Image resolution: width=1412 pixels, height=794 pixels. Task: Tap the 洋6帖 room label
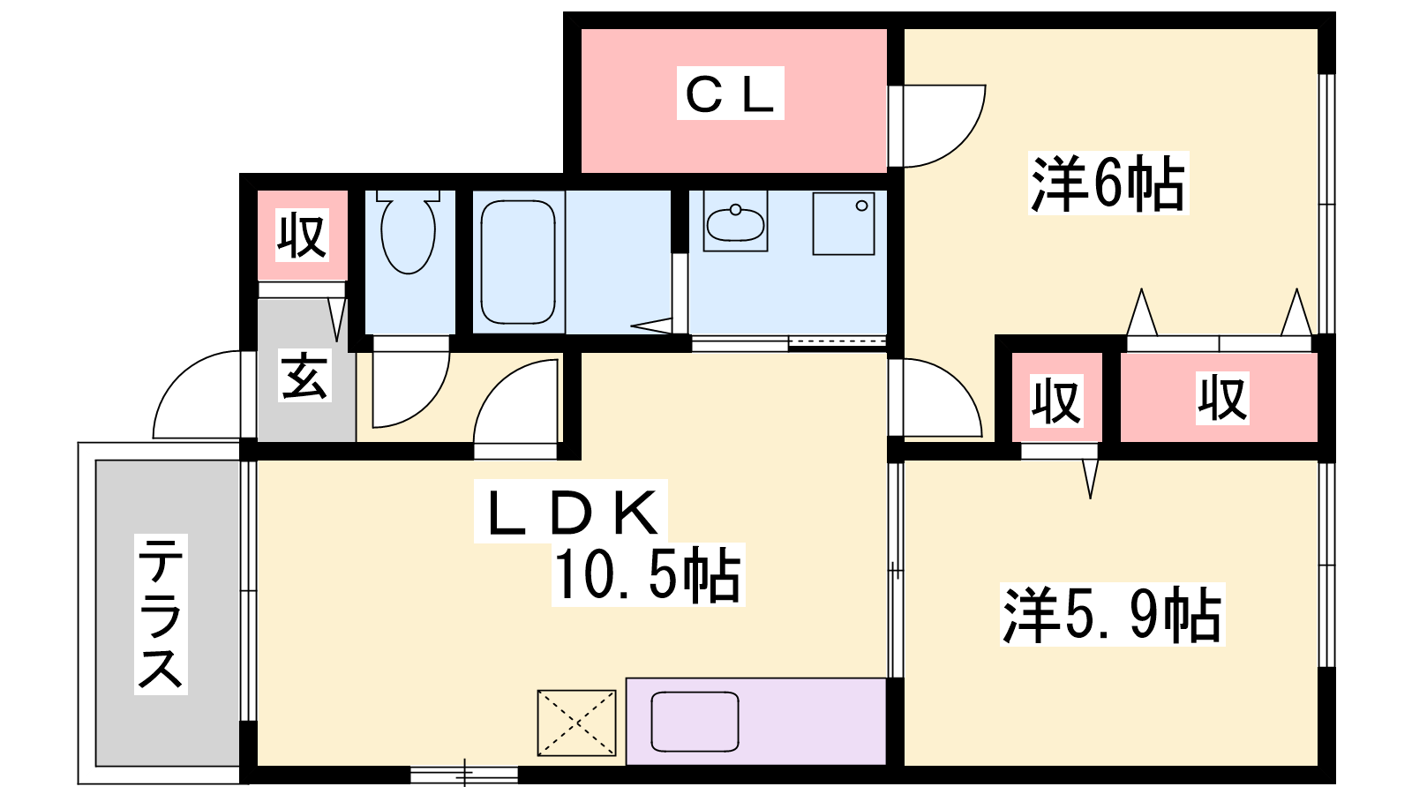click(x=1108, y=183)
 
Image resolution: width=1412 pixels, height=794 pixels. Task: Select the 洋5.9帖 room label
click(x=1112, y=614)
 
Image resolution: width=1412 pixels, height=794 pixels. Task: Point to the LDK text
click(x=571, y=511)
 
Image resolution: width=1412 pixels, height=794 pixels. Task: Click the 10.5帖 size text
click(x=648, y=574)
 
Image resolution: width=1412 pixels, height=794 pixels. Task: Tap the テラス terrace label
click(x=161, y=614)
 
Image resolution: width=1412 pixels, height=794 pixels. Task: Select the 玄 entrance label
click(x=305, y=376)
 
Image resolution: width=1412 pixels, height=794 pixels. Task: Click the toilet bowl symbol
click(x=409, y=232)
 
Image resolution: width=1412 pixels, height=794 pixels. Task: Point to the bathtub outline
click(x=518, y=262)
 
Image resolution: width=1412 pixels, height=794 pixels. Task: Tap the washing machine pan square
click(x=844, y=224)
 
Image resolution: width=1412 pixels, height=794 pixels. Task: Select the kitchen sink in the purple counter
click(x=695, y=722)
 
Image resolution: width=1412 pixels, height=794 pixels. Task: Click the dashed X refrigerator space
click(x=576, y=723)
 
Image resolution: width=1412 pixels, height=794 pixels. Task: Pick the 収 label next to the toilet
click(x=303, y=235)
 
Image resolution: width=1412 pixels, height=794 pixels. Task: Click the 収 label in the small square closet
click(x=1057, y=401)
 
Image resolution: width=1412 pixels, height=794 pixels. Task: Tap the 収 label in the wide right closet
click(x=1222, y=398)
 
